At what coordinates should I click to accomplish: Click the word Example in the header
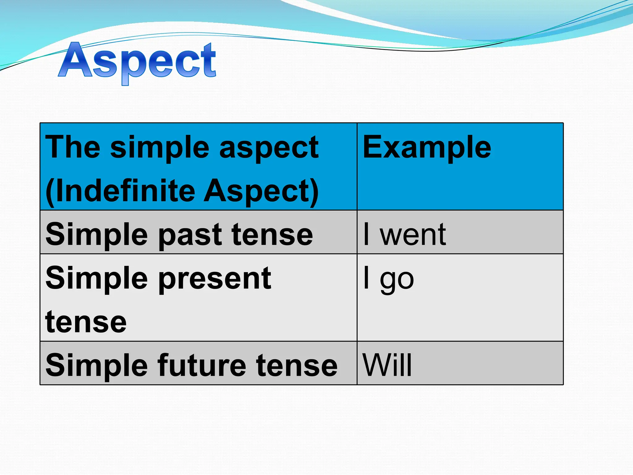click(x=427, y=148)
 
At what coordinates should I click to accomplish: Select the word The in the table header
click(x=73, y=148)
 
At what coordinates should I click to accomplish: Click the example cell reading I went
click(x=405, y=234)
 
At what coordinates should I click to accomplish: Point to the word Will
click(x=387, y=365)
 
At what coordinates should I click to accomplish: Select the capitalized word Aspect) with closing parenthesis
click(x=261, y=191)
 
